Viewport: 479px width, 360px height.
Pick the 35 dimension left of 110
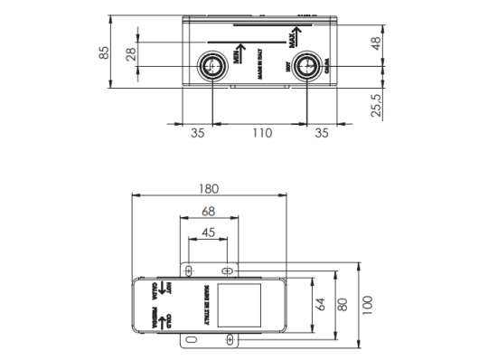click(198, 133)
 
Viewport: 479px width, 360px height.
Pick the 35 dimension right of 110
click(321, 133)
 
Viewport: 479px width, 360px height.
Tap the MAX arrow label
click(292, 40)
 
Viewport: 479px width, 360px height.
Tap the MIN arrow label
click(237, 52)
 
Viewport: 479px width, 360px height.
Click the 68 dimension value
click(208, 211)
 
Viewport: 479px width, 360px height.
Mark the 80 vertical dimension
click(341, 303)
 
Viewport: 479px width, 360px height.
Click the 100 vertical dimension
click(366, 303)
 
